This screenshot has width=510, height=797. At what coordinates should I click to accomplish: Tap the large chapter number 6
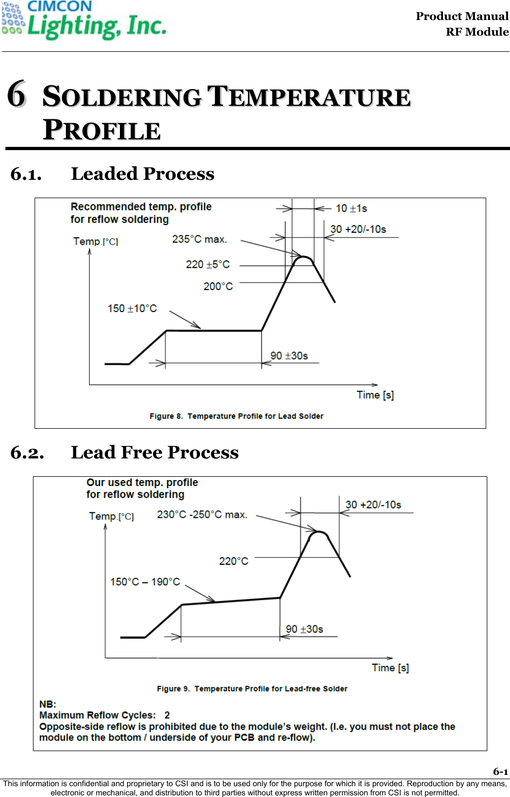pos(17,94)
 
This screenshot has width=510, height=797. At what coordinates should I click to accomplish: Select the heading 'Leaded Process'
pos(143,174)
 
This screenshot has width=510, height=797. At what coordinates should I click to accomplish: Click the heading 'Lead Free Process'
pos(155,452)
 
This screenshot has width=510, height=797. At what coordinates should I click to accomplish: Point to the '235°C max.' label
pos(199,239)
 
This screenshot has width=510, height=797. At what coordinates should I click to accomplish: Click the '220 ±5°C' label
pos(207,265)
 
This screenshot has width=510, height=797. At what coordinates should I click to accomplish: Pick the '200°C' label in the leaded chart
pos(218,286)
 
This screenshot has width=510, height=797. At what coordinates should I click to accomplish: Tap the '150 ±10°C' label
pos(132,308)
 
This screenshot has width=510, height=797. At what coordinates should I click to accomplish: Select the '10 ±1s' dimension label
pos(351,208)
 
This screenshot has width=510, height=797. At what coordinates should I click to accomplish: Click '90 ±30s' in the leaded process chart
pos(289,356)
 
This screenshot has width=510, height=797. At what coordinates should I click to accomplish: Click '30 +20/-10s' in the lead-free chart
pos(373,505)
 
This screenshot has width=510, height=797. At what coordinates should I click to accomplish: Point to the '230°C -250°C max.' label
pos(202,515)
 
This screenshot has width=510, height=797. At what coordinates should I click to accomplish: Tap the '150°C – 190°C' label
pos(145,582)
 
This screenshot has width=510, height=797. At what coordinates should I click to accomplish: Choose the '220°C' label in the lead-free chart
pos(233,562)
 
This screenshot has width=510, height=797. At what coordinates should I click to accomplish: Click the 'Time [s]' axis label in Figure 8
pos(375,395)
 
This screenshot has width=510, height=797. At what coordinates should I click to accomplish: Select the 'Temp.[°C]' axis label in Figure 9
pos(111,517)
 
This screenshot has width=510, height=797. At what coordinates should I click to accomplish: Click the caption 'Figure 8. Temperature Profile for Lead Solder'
pos(236,416)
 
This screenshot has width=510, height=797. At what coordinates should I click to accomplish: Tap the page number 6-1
pos(500,772)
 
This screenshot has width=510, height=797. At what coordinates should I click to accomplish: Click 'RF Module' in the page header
pos(477,32)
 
